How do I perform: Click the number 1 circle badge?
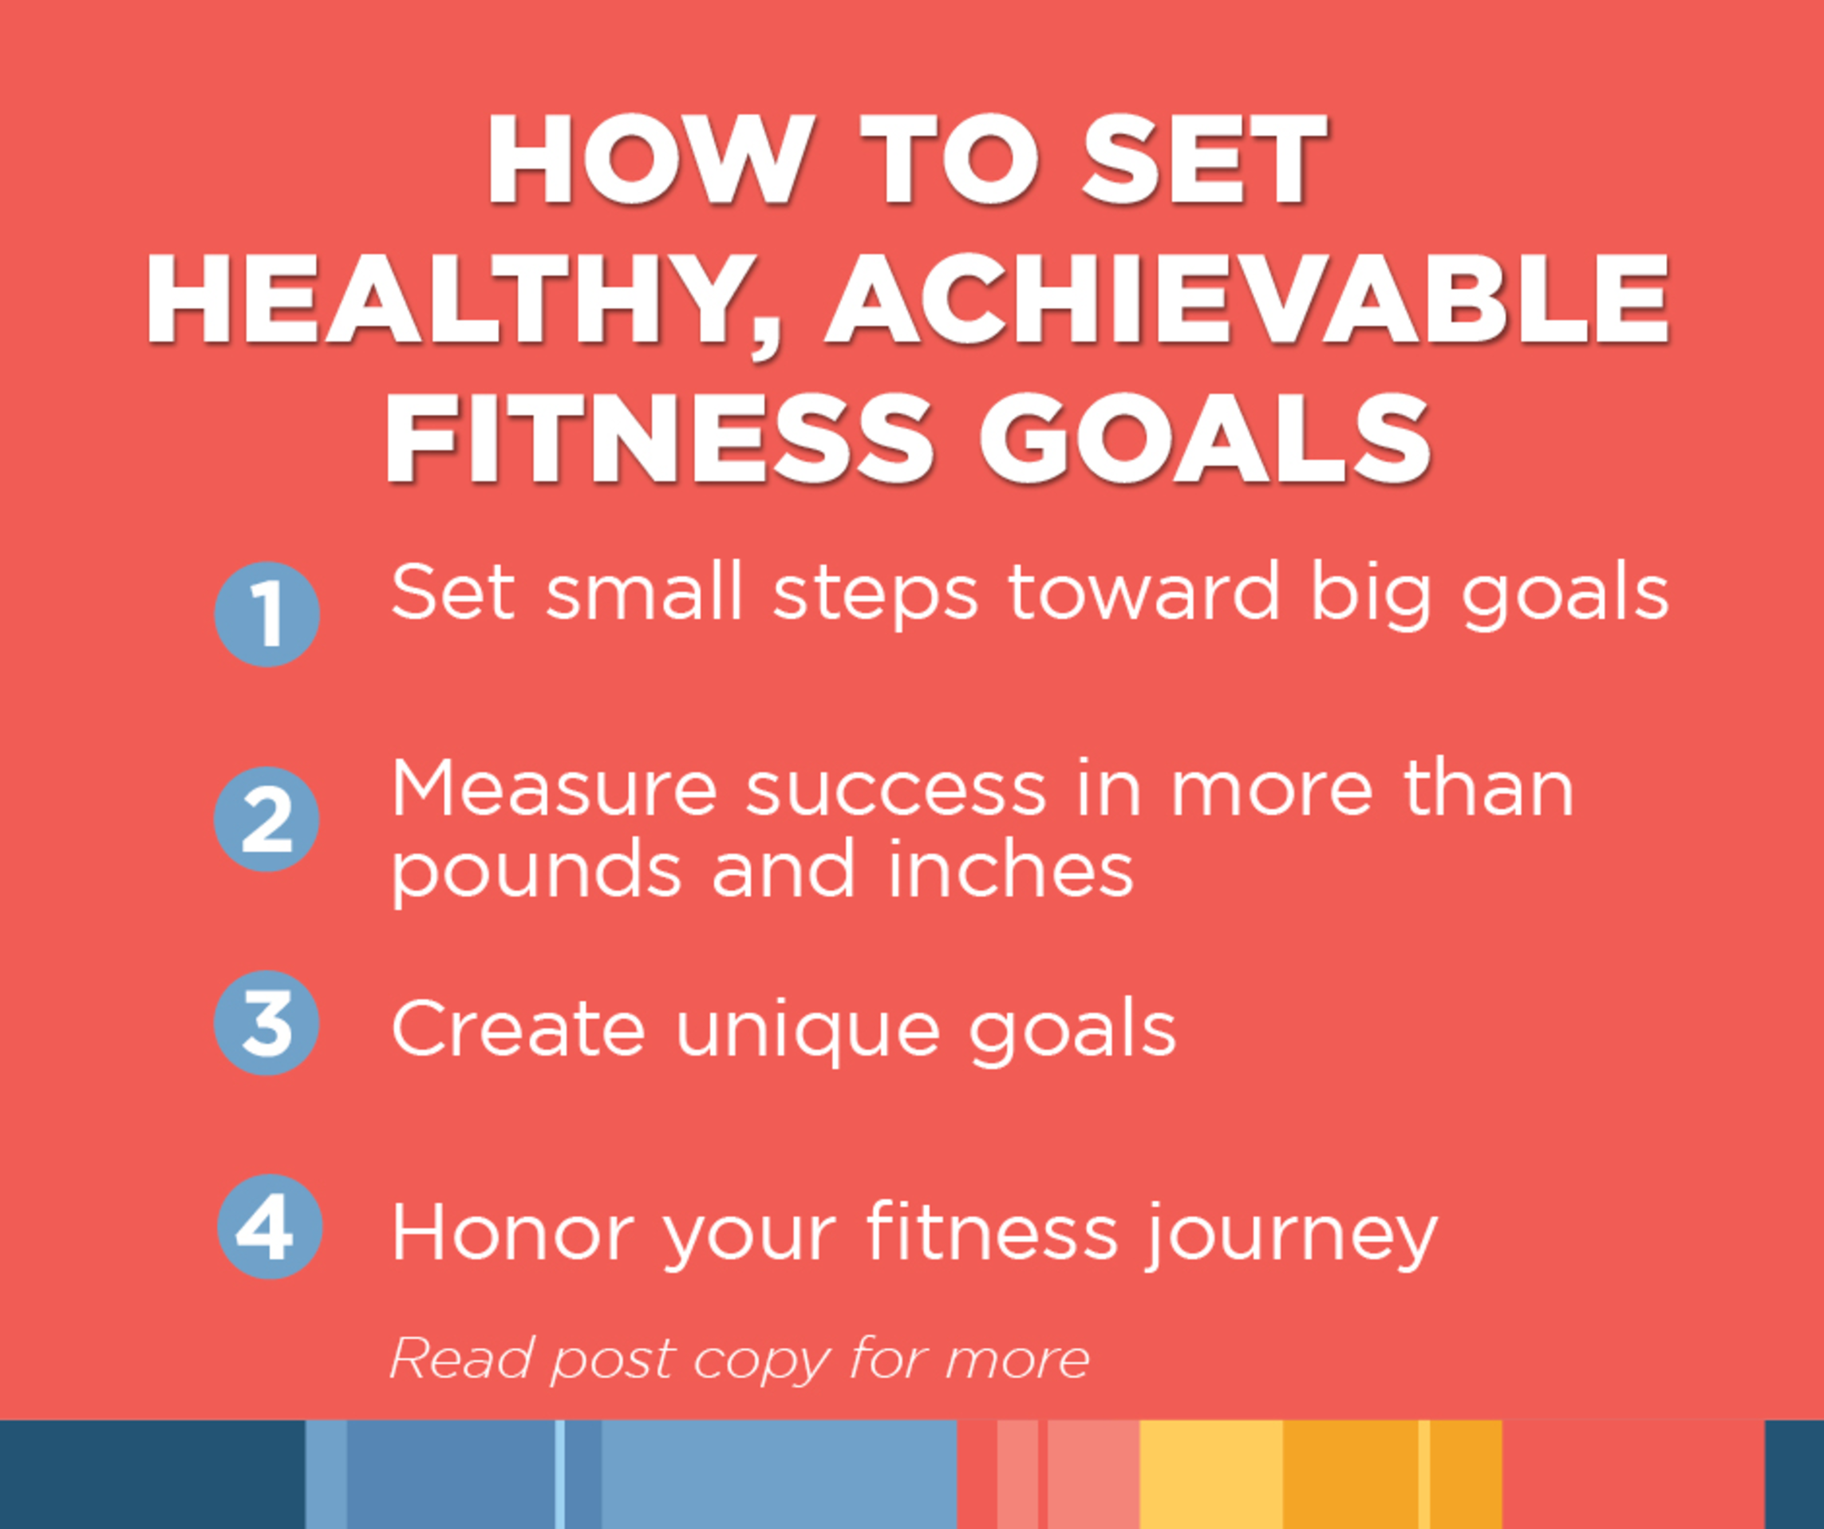click(x=266, y=614)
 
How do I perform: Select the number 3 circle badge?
click(x=266, y=1022)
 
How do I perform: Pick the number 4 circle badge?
click(x=269, y=1227)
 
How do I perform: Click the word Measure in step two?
click(x=555, y=788)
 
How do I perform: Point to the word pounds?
click(x=537, y=871)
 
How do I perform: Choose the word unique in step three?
click(x=807, y=1031)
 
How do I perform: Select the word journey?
click(x=1291, y=1236)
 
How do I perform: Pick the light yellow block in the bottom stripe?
click(x=1210, y=1474)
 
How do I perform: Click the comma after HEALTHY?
click(x=765, y=340)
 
